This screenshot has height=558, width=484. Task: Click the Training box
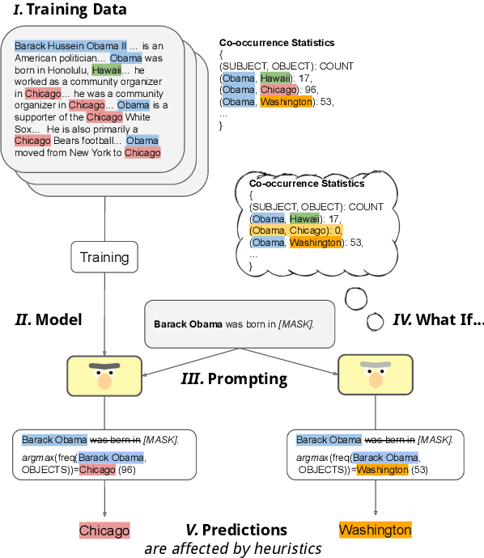pos(104,257)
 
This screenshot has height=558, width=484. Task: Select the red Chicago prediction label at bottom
pos(104,531)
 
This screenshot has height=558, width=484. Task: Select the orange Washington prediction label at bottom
pos(375,531)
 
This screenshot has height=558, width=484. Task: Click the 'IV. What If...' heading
pos(438,319)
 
